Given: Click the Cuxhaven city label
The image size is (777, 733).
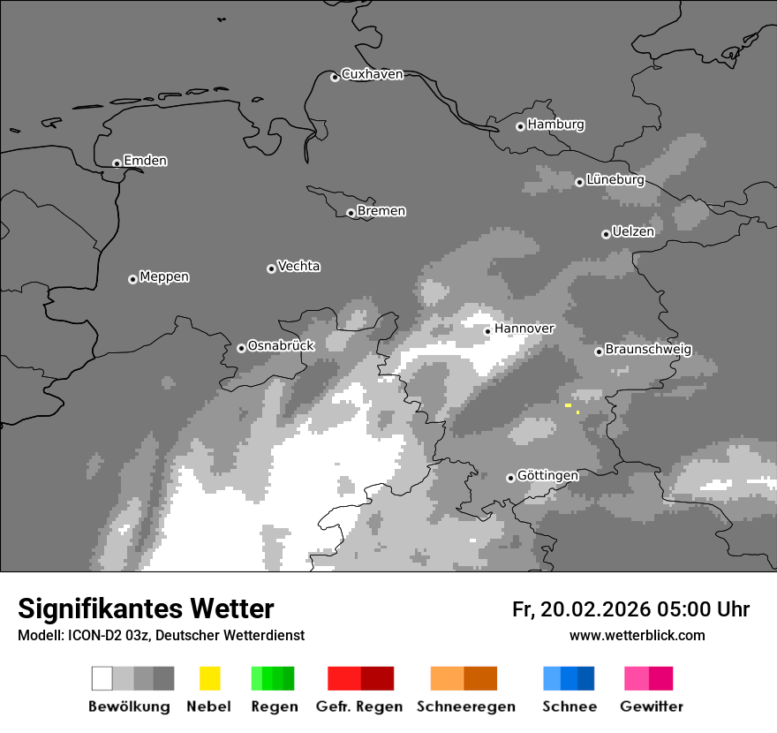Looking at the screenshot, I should point(372,74).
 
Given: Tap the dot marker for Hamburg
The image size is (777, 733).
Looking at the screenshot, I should point(520,126).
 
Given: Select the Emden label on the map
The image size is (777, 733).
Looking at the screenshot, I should point(145,161).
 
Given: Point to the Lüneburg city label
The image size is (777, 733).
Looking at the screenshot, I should point(615,180).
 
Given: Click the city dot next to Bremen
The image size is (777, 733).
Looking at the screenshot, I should point(351,213).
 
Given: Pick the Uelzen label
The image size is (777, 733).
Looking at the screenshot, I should point(633,232).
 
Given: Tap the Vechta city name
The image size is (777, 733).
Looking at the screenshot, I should point(298,266).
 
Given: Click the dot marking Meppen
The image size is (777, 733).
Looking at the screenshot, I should point(132,279).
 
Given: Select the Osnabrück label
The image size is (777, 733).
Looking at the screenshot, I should point(281,346).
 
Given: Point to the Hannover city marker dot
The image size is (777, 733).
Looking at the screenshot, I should point(487,331).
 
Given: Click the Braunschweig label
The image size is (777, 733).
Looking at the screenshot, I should point(648,350).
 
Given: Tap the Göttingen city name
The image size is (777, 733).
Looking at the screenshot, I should point(547,476).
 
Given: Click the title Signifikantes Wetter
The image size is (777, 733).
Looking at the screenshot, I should point(146,608).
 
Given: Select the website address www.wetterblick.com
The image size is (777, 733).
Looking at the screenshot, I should point(637,635).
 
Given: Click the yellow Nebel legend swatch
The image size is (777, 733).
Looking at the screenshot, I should point(209,678).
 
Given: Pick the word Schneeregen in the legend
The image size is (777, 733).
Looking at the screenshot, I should point(465,707).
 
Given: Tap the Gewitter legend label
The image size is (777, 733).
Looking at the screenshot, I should point(652,707).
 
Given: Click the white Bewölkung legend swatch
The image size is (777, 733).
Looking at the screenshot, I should point(102,678).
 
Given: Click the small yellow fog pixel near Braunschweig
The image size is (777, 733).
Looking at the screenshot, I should point(569,405).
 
